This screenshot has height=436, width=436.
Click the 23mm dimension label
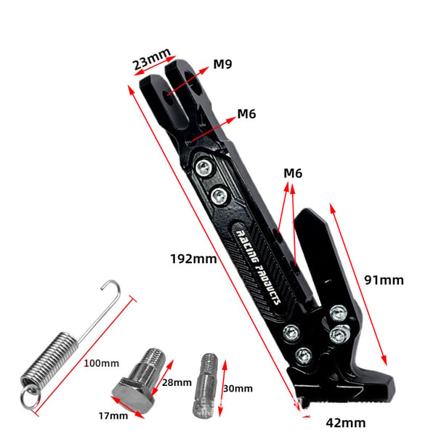coord(151,59)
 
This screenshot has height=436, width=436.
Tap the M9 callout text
coord(222,64)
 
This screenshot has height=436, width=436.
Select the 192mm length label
coord(193,259)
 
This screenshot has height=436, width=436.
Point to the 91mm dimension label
coord(384,280)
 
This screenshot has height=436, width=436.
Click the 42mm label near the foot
coord(346,423)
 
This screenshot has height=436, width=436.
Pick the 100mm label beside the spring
coord(102,363)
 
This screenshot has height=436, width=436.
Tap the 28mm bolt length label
coord(177,383)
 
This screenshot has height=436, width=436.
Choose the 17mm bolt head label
coord(113,416)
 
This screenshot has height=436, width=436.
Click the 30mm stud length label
coord(238,389)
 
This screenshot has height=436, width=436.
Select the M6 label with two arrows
coord(293,173)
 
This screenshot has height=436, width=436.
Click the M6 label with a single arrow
coord(246,114)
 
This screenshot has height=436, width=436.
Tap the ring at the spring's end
coord(30,397)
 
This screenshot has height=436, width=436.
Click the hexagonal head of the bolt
coord(133,395)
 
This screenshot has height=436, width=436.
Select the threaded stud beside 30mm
coord(205,386)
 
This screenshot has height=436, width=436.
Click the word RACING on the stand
coord(247,246)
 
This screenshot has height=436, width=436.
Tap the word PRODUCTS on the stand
coord(267,285)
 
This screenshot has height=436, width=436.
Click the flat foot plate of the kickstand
coord(342,387)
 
